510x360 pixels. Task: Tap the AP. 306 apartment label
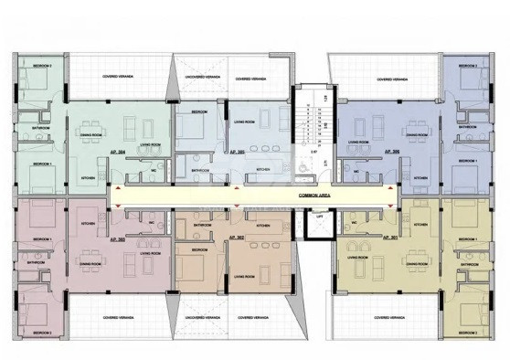click(392, 151)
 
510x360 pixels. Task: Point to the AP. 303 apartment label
click(116, 238)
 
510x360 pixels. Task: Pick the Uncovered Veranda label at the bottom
click(199, 319)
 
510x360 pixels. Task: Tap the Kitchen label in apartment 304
click(90, 177)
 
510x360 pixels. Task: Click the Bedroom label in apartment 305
click(198, 111)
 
